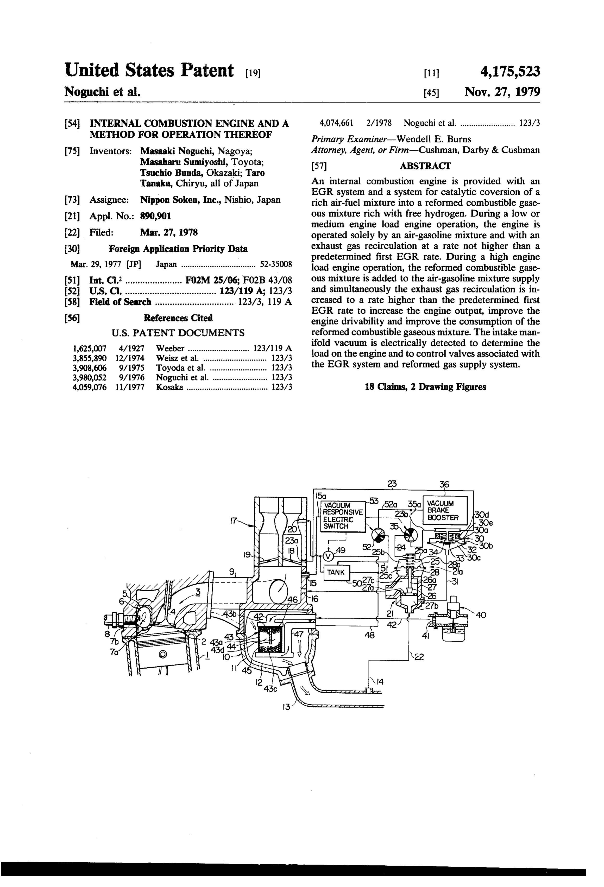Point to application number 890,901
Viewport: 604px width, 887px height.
[156, 216]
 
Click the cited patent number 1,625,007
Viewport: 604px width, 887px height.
[89, 348]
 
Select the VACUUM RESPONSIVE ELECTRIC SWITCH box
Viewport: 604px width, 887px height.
[342, 516]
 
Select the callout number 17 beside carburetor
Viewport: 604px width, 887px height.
[234, 520]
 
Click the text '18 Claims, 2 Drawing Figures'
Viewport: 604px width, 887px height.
[425, 387]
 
